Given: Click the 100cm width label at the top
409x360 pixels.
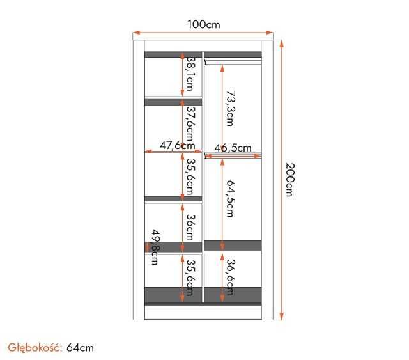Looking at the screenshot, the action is (203, 24).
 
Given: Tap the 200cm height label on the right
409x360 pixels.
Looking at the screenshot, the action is (289, 180).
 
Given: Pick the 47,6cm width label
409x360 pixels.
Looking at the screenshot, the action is (177, 145).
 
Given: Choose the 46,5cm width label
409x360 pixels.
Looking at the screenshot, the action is (233, 148).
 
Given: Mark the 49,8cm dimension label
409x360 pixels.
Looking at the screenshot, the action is (154, 247).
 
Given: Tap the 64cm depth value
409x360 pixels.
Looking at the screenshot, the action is (80, 347).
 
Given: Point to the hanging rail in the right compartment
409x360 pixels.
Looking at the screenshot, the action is (233, 62).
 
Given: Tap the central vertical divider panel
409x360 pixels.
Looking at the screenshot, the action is (203, 192).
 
